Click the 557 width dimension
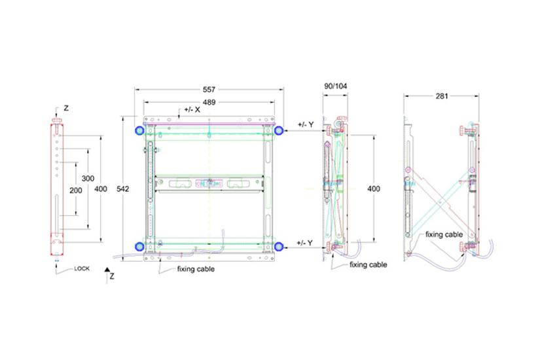(x=209, y=89)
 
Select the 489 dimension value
(x=209, y=103)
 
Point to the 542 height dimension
(x=122, y=189)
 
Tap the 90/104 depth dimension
(x=336, y=86)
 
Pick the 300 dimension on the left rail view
(x=86, y=178)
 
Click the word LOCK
(x=82, y=268)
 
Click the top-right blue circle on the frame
(x=279, y=131)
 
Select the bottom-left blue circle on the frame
(x=139, y=246)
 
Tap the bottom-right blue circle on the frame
(x=279, y=246)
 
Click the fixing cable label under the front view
(x=196, y=269)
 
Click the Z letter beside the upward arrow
(x=112, y=277)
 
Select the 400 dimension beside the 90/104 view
(x=373, y=189)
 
